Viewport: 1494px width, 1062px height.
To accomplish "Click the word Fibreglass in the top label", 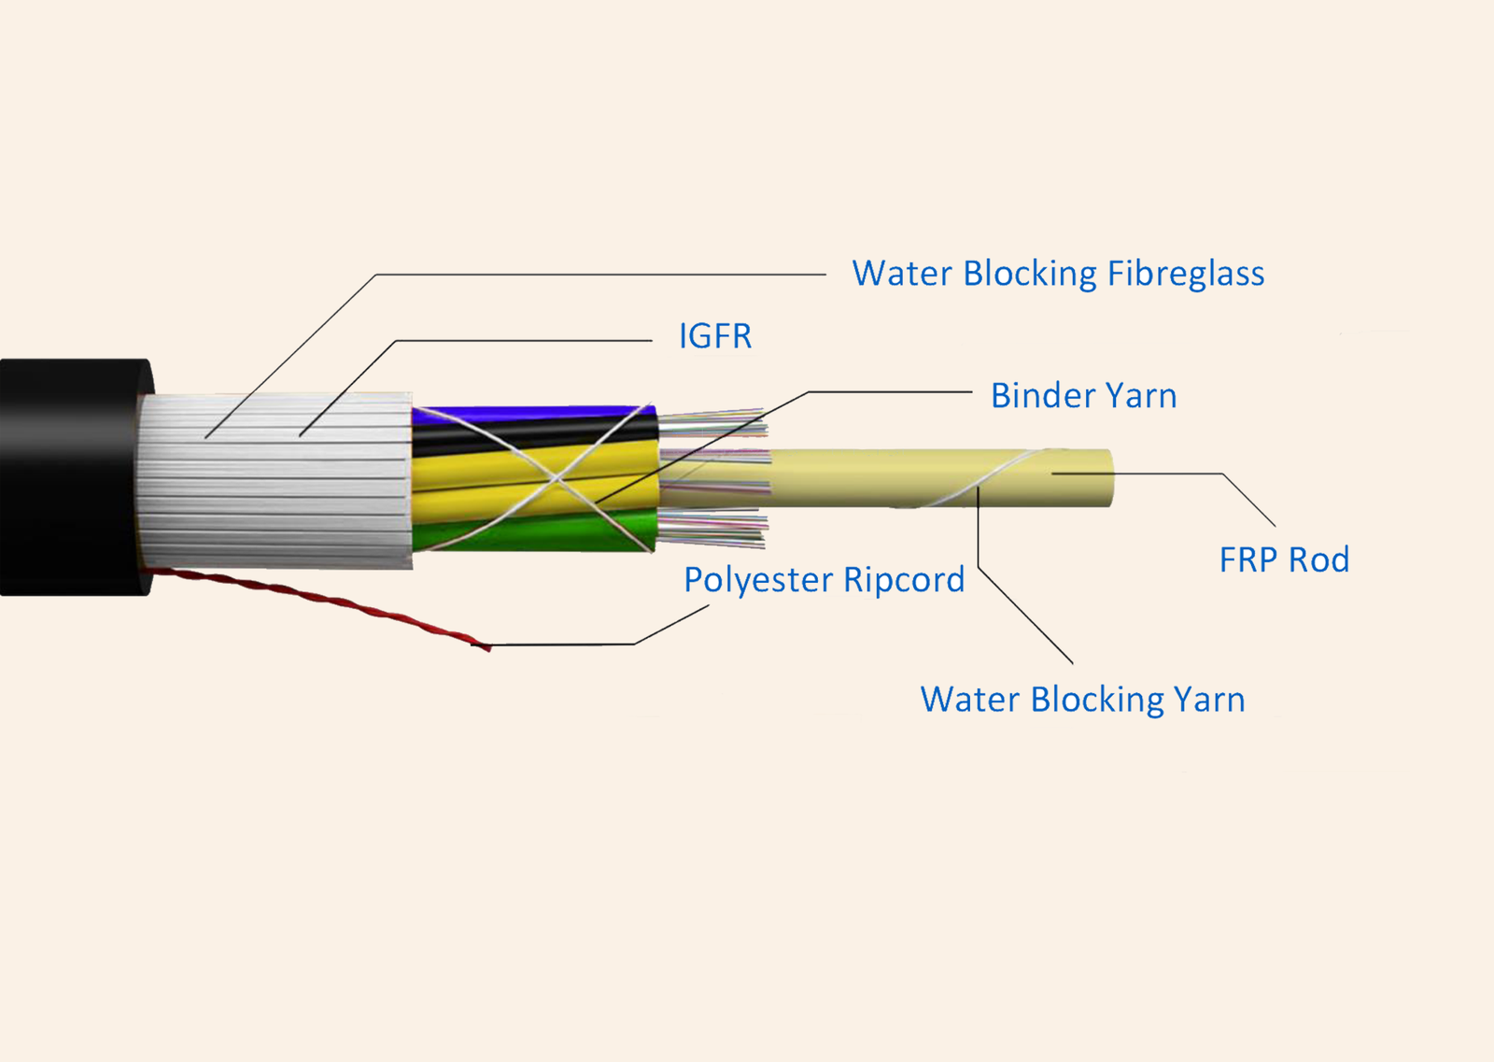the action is click(1186, 275).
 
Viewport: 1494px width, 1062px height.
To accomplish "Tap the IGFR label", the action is click(715, 336).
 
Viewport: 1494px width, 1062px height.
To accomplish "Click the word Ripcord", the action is click(904, 580).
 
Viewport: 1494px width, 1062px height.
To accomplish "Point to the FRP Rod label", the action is click(1284, 559).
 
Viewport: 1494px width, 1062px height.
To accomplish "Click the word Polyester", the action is click(759, 580).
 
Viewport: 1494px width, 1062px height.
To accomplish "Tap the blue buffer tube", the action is click(533, 416).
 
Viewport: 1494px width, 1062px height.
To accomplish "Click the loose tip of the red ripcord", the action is click(489, 647).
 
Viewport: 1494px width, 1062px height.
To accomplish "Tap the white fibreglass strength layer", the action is click(275, 480).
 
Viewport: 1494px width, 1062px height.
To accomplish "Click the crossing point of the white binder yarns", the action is click(555, 477).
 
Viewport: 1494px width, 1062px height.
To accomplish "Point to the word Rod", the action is click(1318, 559).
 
